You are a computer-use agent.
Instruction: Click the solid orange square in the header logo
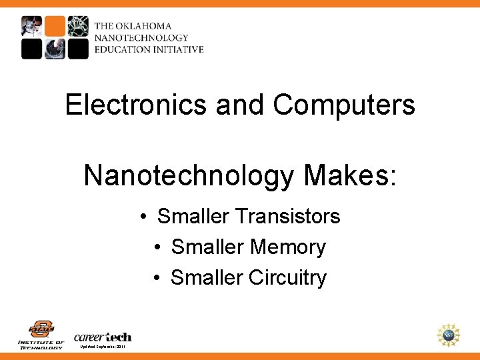click(x=55, y=26)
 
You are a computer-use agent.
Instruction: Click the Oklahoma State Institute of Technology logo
click(x=41, y=334)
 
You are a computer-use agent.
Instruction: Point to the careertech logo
click(x=103, y=336)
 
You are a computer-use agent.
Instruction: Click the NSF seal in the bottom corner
click(x=449, y=335)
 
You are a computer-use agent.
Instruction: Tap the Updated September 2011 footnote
click(x=102, y=347)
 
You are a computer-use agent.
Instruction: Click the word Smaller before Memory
click(x=207, y=247)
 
